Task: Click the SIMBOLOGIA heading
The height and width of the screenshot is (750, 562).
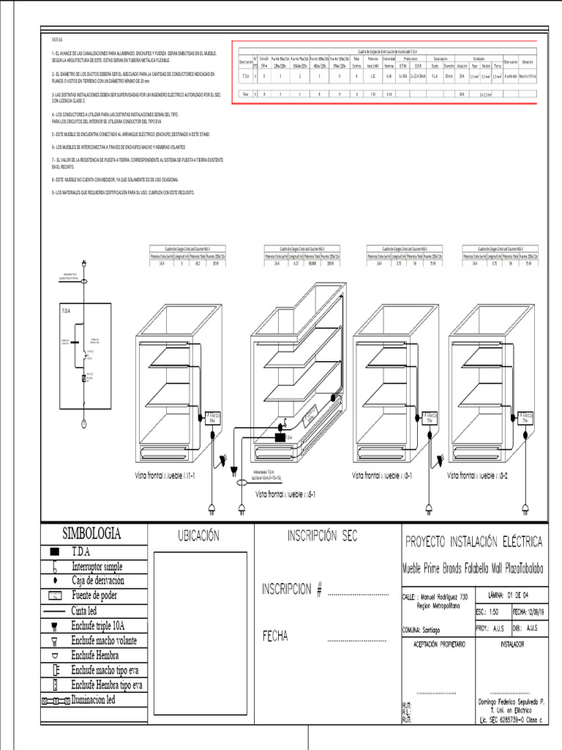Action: point(91,533)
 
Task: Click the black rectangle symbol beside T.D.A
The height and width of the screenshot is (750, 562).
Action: point(54,552)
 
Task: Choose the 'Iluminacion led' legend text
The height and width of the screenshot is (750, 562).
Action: point(103,699)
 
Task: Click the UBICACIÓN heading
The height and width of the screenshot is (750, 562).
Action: point(198,536)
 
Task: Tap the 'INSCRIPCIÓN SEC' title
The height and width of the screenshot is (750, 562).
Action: point(322,535)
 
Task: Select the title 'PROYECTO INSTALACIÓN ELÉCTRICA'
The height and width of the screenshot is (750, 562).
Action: point(473,542)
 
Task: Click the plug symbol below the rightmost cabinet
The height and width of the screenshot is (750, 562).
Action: point(525,507)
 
